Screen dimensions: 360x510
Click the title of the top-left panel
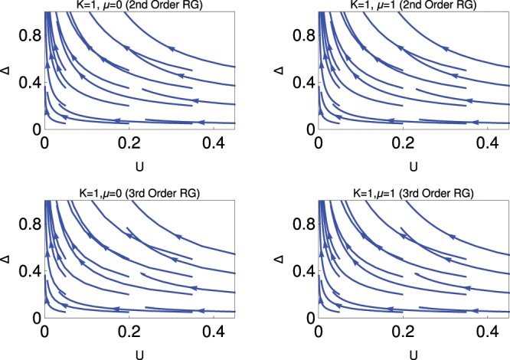[138, 5]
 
